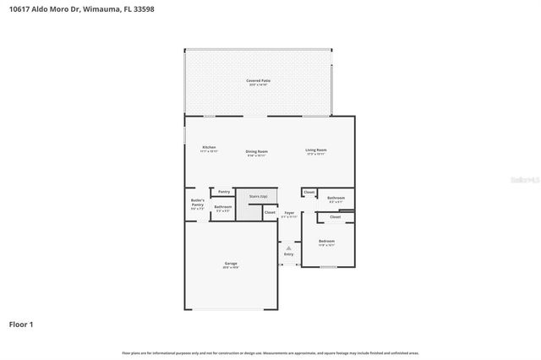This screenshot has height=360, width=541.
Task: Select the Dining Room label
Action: tap(257, 153)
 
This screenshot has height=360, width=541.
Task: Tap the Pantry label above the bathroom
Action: tap(224, 192)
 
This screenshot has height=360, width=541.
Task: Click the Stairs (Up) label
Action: tap(258, 196)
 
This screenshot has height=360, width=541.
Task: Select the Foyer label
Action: tap(289, 214)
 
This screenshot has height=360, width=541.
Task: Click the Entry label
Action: tap(289, 254)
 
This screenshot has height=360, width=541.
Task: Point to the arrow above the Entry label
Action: tap(289, 248)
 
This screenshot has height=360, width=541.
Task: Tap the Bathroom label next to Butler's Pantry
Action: tap(223, 208)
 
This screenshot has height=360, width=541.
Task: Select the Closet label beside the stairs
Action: tap(270, 212)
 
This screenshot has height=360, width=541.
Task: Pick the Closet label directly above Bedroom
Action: tap(336, 217)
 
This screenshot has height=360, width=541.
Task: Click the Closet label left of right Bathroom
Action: tap(309, 193)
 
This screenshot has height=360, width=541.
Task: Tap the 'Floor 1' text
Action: tap(21, 324)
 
